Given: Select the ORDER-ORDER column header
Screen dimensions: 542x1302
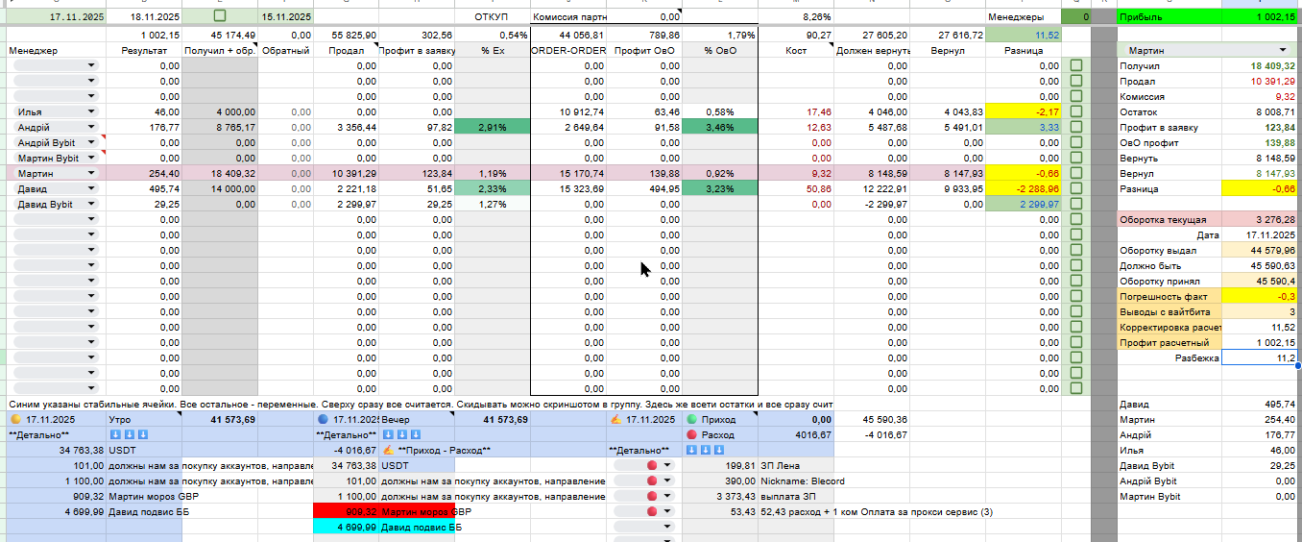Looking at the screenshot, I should (x=567, y=49).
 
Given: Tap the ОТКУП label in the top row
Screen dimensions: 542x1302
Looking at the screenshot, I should (x=491, y=17).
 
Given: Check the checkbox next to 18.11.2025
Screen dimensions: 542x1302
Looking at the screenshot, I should (x=220, y=17).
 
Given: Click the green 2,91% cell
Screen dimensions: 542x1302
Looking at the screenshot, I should (x=492, y=127).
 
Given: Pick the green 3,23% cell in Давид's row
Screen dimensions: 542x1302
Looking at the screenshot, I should (x=719, y=188).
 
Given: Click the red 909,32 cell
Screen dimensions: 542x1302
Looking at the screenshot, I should (x=346, y=512).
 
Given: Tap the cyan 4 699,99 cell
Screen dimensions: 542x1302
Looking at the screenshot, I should (x=346, y=528).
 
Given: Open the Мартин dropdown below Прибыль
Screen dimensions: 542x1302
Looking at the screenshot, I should (x=1207, y=49).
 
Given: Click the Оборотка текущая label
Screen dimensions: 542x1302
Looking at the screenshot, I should (x=1163, y=220).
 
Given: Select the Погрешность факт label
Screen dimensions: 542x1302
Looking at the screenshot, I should (x=1163, y=297).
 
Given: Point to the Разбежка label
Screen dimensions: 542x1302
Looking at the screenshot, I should (x=1196, y=357).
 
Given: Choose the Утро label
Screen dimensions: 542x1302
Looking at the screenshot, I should (x=121, y=420).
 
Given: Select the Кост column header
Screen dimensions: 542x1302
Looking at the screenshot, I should (x=795, y=49).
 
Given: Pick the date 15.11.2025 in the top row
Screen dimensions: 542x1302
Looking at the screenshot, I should (x=286, y=17).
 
